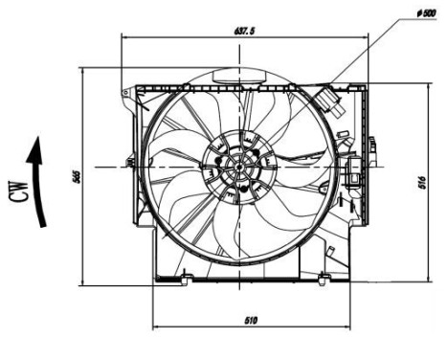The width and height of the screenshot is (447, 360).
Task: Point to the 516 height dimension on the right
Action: (422, 183)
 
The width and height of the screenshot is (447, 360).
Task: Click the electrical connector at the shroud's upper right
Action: (332, 99)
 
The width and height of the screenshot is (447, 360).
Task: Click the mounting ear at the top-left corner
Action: (125, 93)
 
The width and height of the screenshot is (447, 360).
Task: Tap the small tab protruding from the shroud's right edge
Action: (369, 144)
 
